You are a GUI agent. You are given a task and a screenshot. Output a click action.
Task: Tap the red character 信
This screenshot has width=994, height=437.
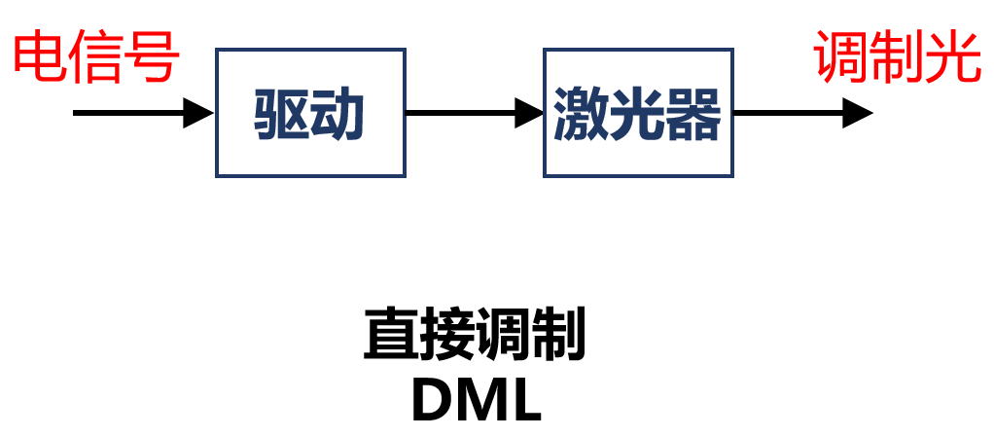(96, 57)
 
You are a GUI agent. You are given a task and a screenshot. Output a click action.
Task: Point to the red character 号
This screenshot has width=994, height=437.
(153, 57)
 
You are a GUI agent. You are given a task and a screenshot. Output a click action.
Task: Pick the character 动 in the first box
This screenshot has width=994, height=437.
(337, 115)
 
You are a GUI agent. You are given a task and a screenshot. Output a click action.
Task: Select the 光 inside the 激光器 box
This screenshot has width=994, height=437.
(637, 115)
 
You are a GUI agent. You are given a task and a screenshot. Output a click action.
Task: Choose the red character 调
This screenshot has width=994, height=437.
(842, 57)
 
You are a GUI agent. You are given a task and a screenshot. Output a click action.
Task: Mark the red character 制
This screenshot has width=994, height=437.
(898, 57)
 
